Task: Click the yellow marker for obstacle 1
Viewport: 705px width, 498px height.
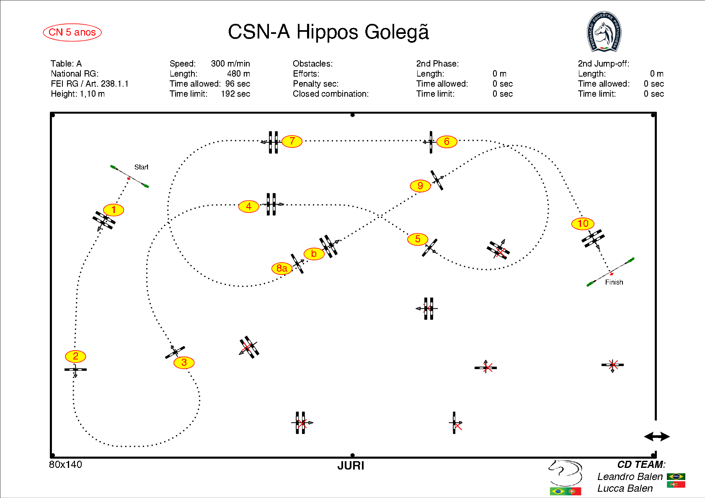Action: [114, 210]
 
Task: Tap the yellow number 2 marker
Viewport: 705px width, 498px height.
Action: [75, 356]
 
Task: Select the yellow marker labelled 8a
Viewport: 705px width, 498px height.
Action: [282, 268]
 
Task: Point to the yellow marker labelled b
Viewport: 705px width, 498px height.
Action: [314, 254]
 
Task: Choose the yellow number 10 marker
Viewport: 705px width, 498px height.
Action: [583, 223]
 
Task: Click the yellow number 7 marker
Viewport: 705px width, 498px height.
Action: [292, 141]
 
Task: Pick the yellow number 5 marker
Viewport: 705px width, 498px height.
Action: [418, 239]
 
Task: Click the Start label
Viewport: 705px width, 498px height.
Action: [141, 167]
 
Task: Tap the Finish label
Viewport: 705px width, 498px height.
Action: [614, 282]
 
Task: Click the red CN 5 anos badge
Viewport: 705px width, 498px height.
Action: [72, 32]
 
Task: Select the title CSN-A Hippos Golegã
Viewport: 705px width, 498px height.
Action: [328, 32]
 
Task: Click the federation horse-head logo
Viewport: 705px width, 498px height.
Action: [604, 32]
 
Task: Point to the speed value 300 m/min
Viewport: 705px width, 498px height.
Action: [230, 64]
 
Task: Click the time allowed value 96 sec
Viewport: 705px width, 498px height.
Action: [238, 84]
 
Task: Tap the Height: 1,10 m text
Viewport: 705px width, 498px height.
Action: [78, 94]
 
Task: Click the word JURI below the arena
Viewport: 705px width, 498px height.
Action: [351, 466]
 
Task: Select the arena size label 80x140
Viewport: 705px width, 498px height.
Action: [66, 465]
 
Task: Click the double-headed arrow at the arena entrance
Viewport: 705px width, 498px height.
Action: [656, 436]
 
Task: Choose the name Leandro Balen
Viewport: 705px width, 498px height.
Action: [630, 477]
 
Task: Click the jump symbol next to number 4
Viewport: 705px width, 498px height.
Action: [271, 204]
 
